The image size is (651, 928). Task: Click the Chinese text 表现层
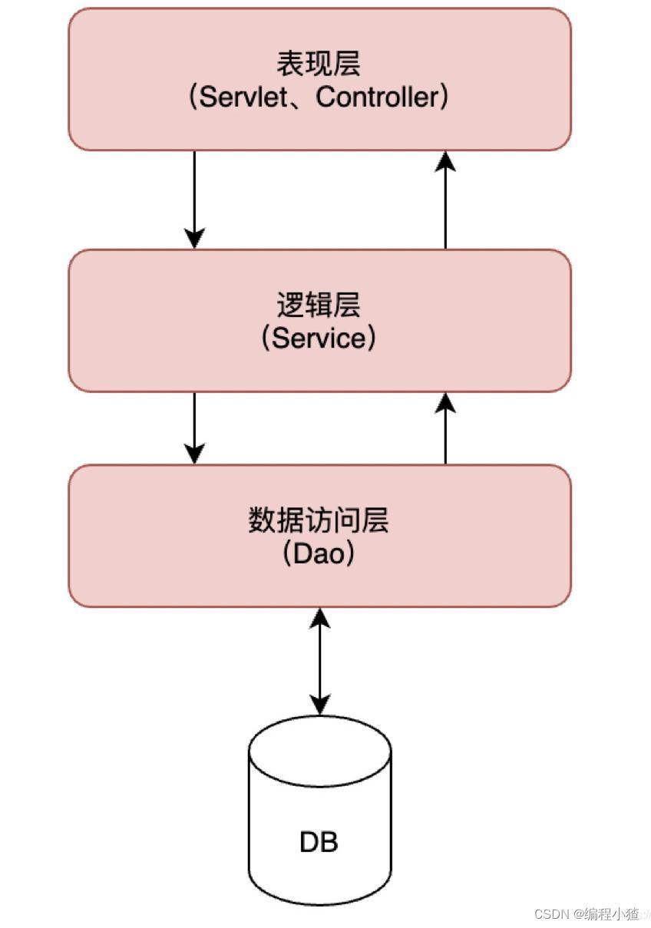[319, 64]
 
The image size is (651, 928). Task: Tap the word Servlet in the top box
[246, 97]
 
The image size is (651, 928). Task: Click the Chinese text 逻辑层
[319, 305]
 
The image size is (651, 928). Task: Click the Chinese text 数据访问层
[319, 520]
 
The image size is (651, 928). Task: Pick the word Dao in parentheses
[319, 553]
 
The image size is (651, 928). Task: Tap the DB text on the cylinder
[319, 842]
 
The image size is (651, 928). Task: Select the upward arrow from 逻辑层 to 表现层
[445, 200]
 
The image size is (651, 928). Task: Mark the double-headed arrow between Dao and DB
[320, 660]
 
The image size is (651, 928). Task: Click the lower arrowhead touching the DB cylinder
[320, 704]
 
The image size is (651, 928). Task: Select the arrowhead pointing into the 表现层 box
[445, 160]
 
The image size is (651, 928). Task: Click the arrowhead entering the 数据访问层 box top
[195, 454]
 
